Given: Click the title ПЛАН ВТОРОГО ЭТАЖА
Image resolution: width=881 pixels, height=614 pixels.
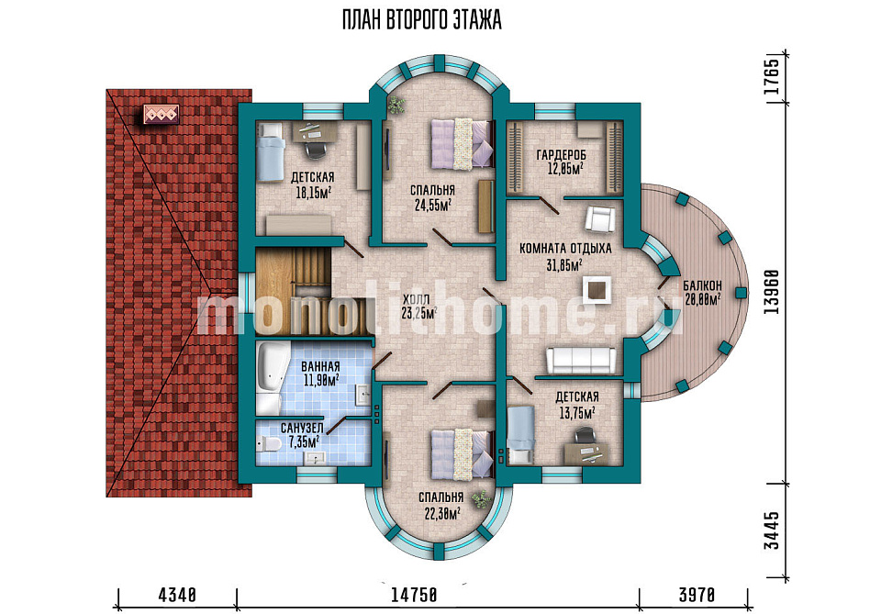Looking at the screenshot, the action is point(421,21).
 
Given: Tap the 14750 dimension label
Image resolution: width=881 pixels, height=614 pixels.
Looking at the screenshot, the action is point(414,595).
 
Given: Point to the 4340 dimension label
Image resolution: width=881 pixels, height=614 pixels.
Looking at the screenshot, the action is point(177,595).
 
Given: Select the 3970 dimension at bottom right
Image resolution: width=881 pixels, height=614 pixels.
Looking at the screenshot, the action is point(697,595).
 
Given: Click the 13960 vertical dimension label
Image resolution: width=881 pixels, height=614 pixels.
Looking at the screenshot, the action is point(773,292).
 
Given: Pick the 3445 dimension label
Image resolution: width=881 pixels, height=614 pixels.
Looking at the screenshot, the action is point(773,530).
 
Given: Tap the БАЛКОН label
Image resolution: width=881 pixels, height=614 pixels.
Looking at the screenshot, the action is point(702,286).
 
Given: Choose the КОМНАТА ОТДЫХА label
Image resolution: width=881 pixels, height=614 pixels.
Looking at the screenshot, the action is point(565,249).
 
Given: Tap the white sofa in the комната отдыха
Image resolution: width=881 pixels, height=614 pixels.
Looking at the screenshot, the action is point(581,360).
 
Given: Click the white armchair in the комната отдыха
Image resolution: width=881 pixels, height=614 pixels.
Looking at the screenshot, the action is point(601,218).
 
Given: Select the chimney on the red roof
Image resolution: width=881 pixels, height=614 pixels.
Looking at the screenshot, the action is point(162,115).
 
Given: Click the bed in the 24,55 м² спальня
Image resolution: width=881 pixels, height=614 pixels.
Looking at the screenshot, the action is point(463,143).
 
